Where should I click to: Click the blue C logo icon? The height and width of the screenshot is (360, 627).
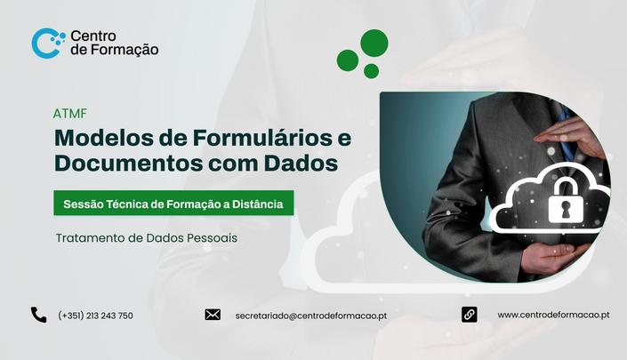[40, 44]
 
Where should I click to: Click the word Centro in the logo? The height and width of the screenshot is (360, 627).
[93, 36]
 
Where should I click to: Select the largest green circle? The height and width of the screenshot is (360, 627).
[374, 43]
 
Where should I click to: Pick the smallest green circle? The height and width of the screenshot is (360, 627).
[371, 71]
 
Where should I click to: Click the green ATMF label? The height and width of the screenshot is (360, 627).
[70, 114]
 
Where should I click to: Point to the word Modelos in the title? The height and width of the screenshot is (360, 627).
[104, 138]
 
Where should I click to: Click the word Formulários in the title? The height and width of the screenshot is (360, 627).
[262, 138]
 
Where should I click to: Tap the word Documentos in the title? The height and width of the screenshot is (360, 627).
[128, 163]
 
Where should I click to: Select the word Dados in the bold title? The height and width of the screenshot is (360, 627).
[301, 163]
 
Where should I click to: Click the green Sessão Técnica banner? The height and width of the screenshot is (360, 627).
[173, 203]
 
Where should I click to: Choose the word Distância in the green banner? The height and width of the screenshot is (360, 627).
[258, 204]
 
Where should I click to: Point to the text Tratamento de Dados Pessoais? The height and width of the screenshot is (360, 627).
[147, 238]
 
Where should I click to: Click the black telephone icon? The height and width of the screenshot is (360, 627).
[39, 315]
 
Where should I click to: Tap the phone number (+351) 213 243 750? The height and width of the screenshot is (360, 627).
[95, 316]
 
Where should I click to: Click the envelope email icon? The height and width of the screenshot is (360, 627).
[213, 315]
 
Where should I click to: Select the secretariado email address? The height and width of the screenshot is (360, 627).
[311, 316]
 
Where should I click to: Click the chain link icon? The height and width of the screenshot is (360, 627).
[469, 315]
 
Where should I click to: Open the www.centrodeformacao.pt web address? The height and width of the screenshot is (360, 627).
[553, 315]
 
